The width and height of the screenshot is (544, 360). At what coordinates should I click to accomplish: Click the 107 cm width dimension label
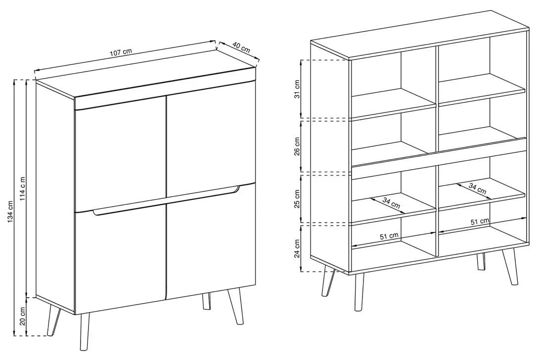point(121,52)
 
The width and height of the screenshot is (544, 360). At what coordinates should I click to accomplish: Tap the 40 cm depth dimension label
point(241,47)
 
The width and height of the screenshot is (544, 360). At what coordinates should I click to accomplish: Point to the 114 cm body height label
point(23,189)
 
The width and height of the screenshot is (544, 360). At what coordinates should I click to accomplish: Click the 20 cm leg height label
point(23,316)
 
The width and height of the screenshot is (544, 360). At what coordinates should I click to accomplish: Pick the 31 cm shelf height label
point(297,89)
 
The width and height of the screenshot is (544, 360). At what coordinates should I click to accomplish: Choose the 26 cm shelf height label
point(297,146)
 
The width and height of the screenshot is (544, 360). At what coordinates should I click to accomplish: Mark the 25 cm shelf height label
point(297,199)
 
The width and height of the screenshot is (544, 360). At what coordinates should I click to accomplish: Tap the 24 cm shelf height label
point(297,249)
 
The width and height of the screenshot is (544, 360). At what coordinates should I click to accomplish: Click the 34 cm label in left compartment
point(391,203)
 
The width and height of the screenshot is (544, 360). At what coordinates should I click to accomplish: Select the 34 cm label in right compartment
point(477,188)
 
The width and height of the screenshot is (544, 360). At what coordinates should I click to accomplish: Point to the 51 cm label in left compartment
point(389,236)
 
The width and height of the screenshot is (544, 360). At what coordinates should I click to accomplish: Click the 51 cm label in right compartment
point(480,222)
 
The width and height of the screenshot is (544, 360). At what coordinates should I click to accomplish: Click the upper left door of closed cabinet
point(120,153)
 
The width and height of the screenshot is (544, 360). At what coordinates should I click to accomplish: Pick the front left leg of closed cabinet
point(85,331)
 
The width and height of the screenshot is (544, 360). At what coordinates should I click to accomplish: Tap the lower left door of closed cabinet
point(120,261)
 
